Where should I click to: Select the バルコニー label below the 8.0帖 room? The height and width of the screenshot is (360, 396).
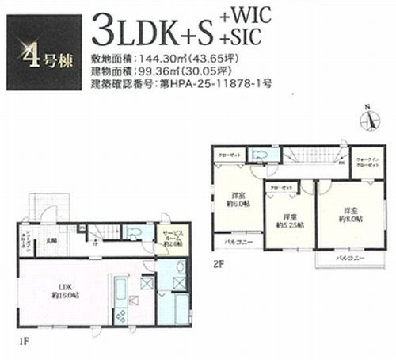click(343, 259)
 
